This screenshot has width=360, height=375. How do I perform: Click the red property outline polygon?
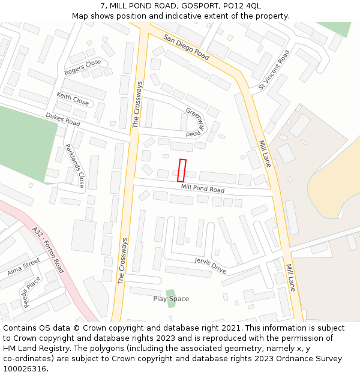pos(182,170)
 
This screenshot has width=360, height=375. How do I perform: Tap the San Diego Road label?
pos(186,47)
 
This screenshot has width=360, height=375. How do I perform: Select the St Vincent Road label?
pos(274,70)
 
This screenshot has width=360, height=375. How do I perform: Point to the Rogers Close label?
pos(83,68)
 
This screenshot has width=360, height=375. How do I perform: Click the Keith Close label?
pos(73,99)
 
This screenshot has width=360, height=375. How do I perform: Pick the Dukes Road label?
pos(63,119)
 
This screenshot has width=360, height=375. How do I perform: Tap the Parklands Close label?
pos(75,166)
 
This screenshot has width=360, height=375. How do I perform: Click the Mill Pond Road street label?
pos(203,190)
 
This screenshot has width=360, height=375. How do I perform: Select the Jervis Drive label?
pos(210,265)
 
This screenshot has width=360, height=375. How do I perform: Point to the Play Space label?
pos(171,299)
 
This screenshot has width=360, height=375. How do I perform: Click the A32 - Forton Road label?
pos(49,249)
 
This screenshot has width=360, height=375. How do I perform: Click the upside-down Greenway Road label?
pos(199,123)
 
